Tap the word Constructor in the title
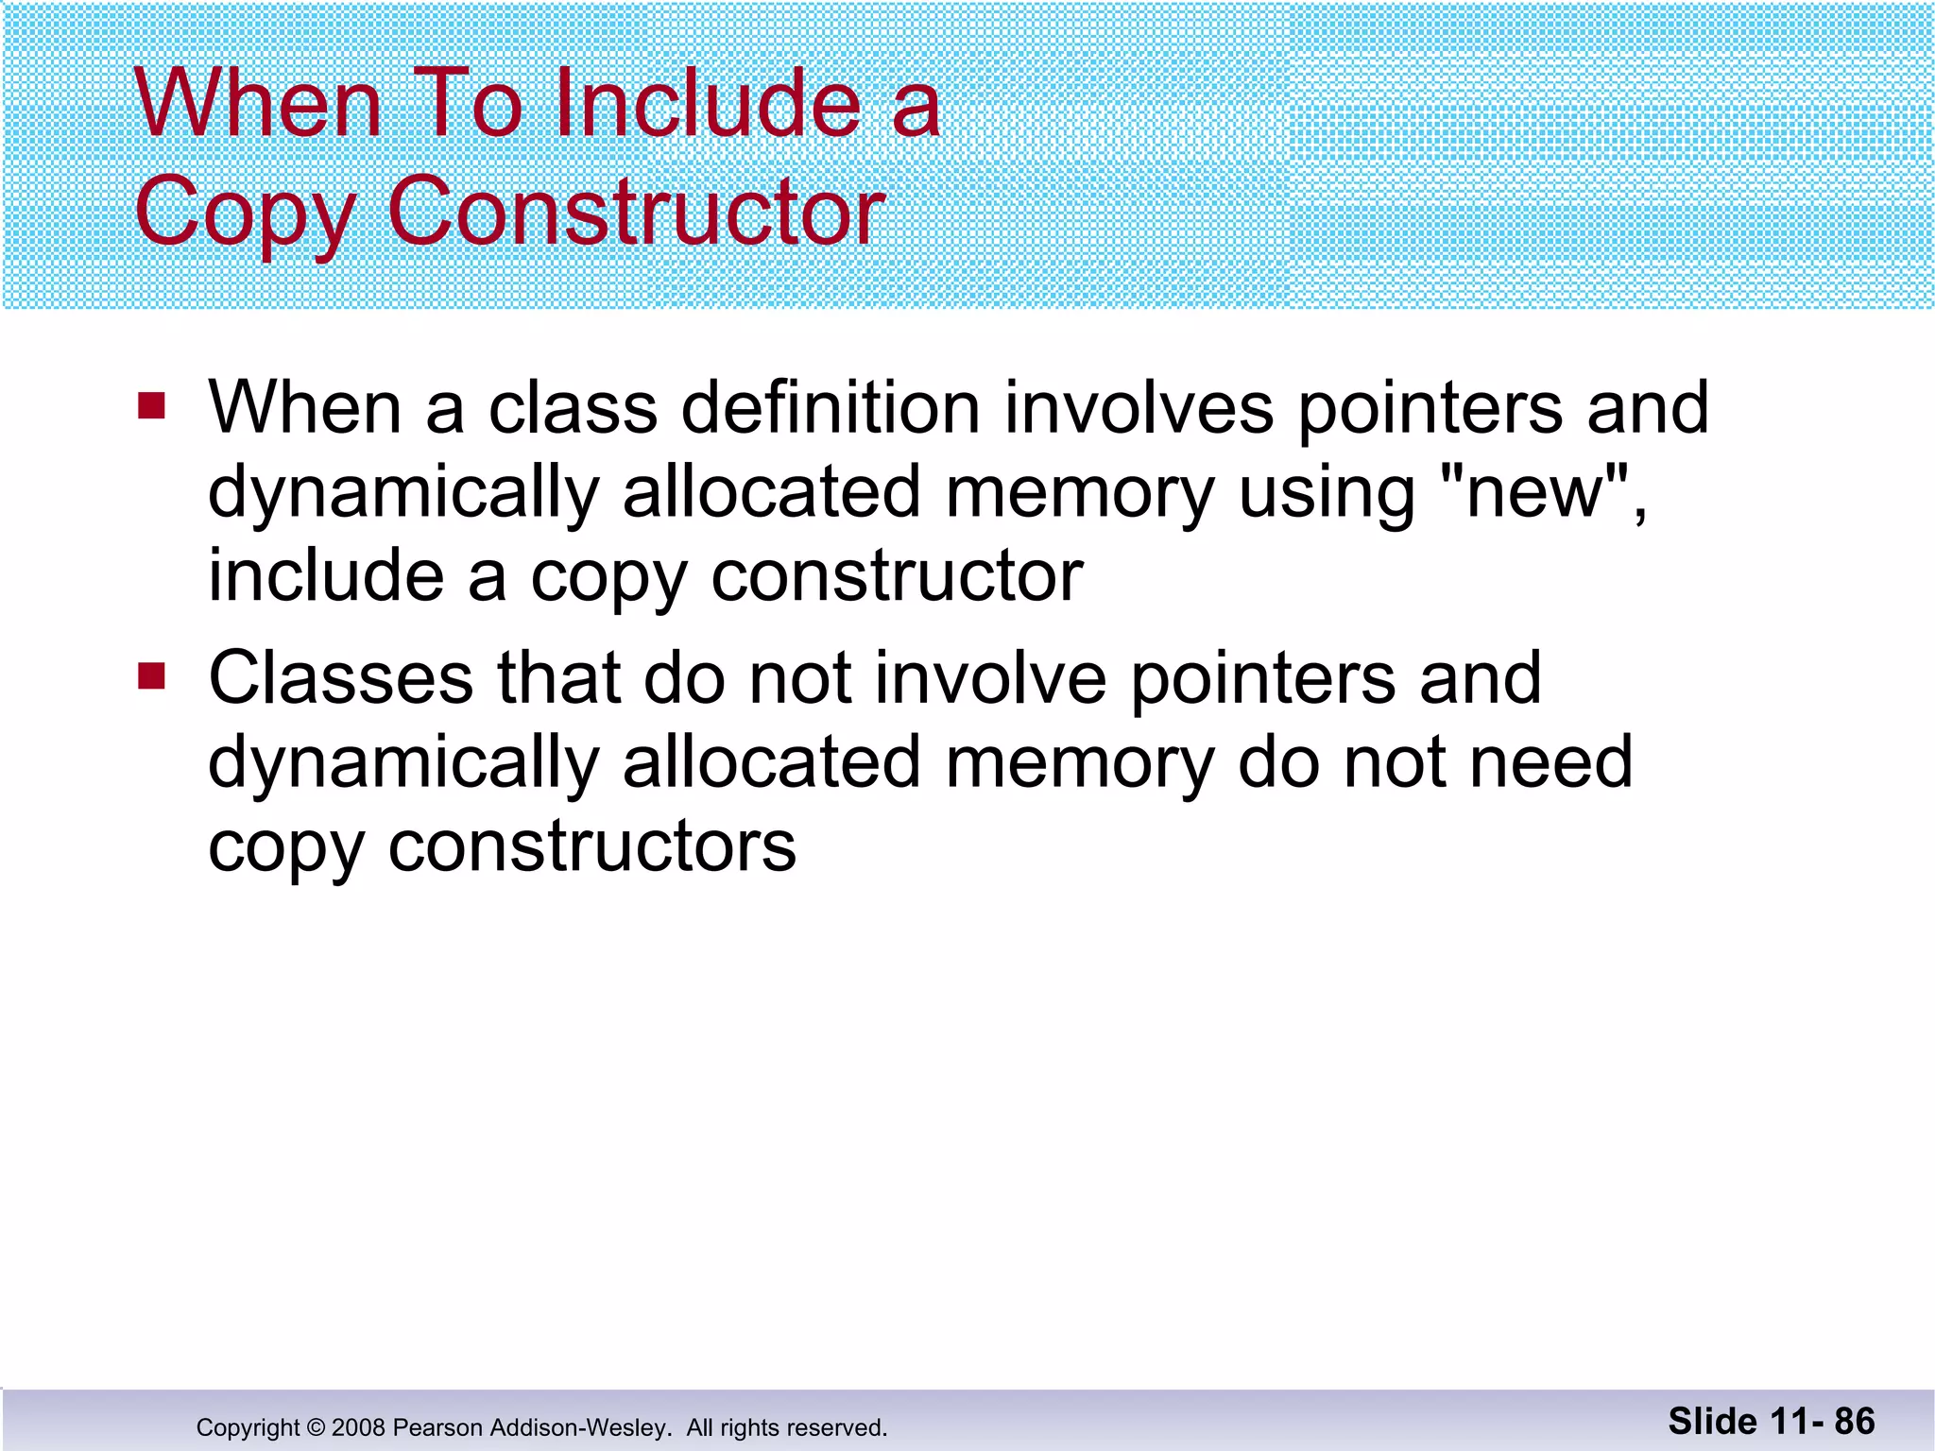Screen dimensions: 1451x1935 [636, 212]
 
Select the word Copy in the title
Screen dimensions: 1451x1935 [246, 213]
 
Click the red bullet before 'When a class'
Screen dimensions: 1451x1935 [151, 406]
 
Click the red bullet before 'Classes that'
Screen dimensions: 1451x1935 [151, 676]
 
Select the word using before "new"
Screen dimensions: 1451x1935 [1327, 494]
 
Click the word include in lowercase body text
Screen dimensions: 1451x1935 [326, 575]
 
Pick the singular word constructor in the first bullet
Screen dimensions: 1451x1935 [897, 575]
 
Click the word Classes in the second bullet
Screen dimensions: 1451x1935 [340, 678]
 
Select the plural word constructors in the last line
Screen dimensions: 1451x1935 [592, 845]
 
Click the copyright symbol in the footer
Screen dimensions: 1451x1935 [316, 1427]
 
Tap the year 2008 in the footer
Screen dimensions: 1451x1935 [358, 1427]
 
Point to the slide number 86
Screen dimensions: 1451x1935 [1855, 1421]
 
